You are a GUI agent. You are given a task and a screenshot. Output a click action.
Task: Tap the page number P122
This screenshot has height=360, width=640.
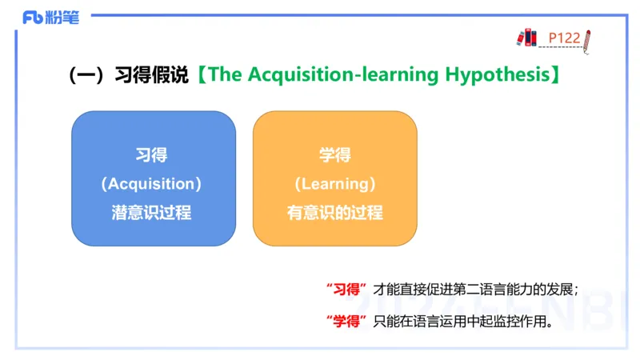(x=564, y=38)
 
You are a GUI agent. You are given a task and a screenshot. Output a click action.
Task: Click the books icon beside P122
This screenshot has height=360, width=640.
(x=528, y=37)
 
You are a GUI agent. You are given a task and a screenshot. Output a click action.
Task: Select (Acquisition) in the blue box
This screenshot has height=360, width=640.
(x=152, y=183)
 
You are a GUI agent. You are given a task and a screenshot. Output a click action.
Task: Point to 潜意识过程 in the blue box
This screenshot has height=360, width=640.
(x=152, y=212)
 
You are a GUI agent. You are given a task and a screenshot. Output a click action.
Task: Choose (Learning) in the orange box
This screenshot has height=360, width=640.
(x=335, y=183)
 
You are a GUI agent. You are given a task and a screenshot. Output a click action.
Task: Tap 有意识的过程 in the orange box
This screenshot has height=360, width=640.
(x=335, y=212)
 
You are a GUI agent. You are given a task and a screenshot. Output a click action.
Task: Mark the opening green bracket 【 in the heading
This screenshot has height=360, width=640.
(x=199, y=75)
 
